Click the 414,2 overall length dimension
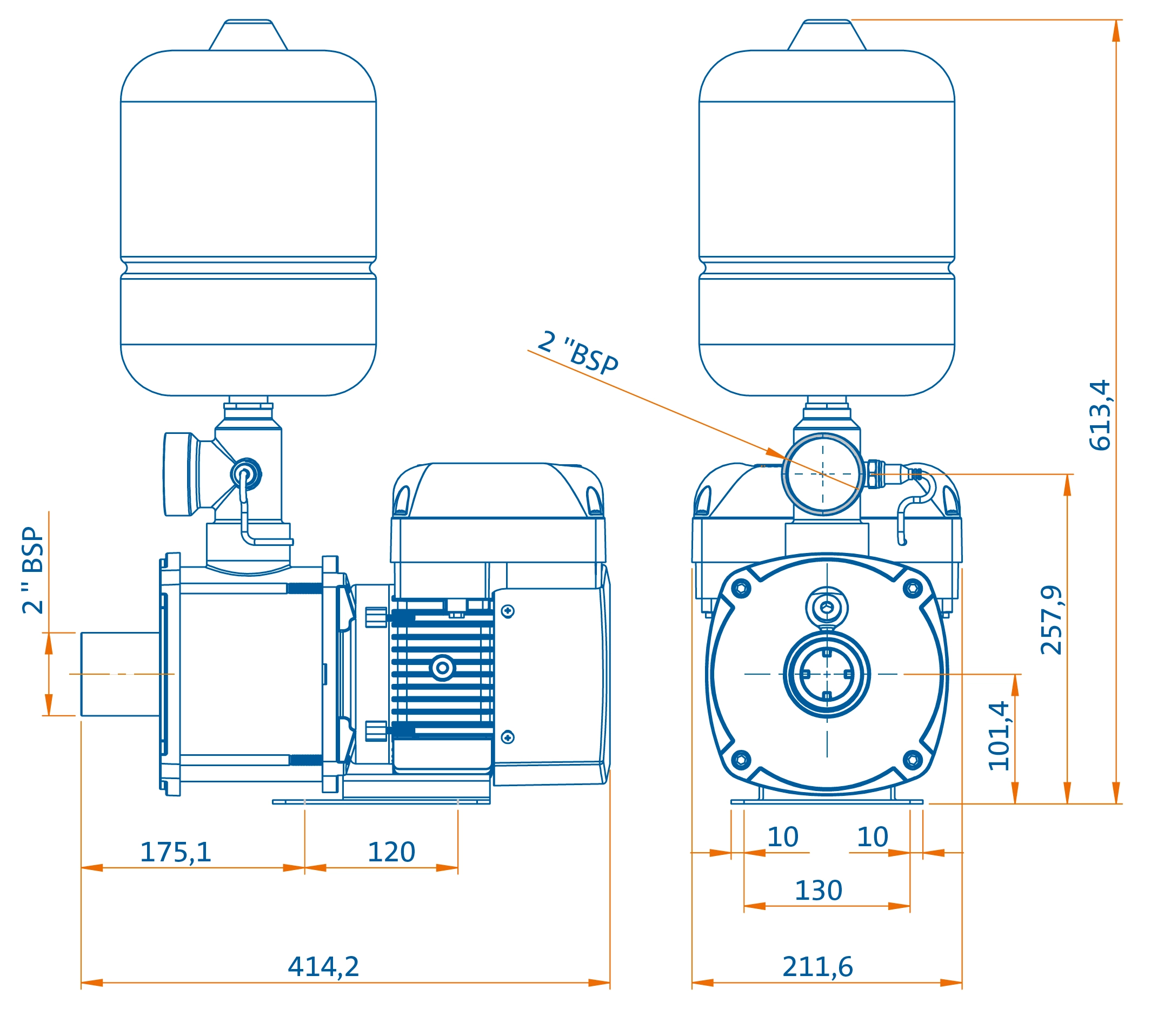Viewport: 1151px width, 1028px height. point(323,966)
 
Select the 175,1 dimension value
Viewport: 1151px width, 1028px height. point(175,852)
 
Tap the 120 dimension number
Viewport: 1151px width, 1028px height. point(391,852)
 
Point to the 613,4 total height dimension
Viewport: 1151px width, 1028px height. point(1100,415)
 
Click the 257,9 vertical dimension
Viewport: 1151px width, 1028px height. point(1051,620)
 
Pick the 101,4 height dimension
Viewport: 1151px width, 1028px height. point(999,736)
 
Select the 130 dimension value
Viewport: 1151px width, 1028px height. point(818,891)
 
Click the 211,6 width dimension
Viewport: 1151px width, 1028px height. point(817,966)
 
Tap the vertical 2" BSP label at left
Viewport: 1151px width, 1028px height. point(33,570)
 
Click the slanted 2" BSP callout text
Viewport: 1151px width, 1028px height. point(577,353)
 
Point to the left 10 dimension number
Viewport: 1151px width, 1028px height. point(782,836)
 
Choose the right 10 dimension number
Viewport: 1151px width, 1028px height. point(872,836)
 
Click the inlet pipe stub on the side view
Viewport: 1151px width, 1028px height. point(119,674)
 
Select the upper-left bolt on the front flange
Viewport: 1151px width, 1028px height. point(741,589)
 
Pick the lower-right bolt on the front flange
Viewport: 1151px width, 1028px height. point(913,760)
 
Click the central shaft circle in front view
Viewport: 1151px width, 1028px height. point(827,674)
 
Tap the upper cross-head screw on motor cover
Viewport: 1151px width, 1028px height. point(508,611)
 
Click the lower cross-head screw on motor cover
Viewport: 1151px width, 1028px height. point(508,737)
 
